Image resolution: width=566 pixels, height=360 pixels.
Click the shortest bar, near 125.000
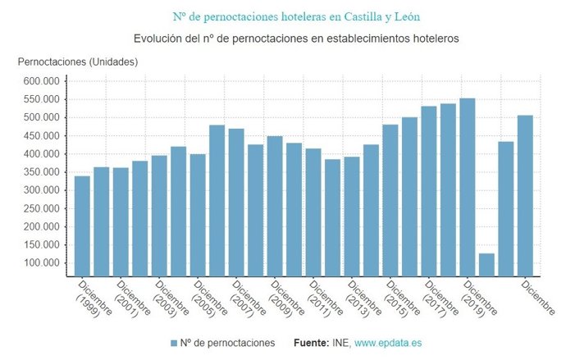[486, 264]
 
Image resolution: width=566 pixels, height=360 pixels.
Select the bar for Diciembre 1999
[82, 226]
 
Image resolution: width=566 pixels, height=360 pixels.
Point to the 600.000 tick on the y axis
[41, 81]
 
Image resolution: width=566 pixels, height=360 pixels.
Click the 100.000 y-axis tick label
[41, 263]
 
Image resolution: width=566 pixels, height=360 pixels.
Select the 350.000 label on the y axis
[41, 172]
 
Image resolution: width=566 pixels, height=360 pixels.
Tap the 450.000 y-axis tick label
[41, 136]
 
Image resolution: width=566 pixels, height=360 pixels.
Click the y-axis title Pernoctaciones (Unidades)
[78, 62]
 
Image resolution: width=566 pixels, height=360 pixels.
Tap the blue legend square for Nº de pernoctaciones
[173, 342]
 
